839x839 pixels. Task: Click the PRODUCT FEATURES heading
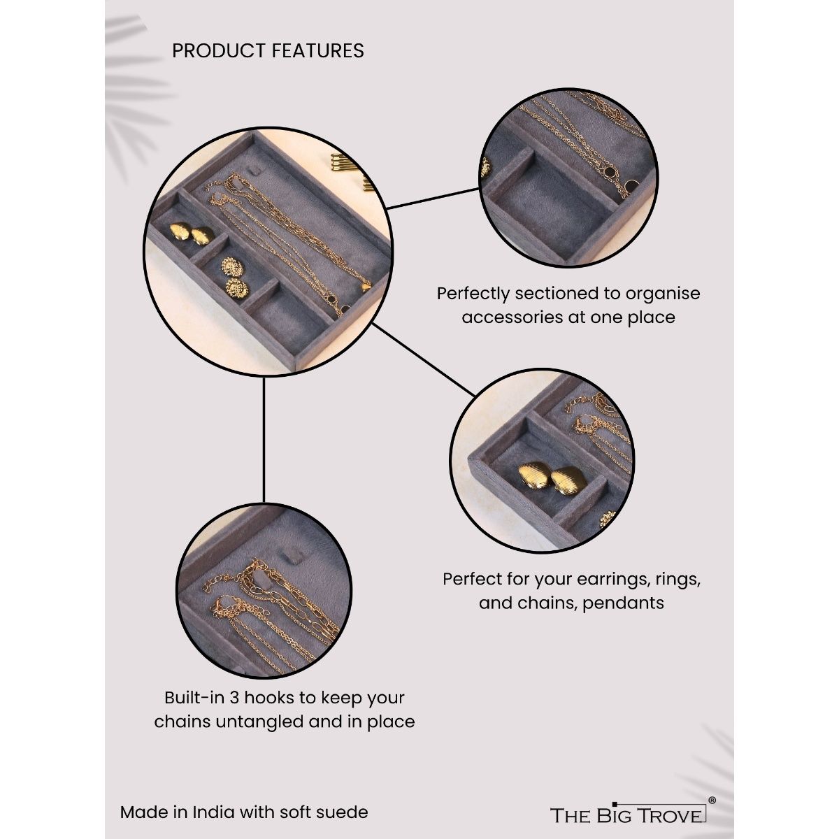(x=268, y=51)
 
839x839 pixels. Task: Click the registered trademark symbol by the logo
(x=712, y=801)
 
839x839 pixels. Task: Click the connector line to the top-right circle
(x=433, y=198)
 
